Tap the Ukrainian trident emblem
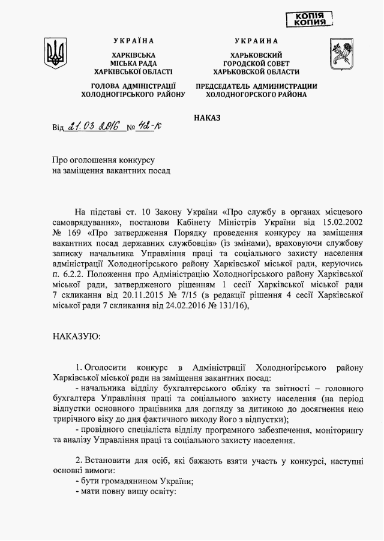point(55,53)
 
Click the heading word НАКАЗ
point(208,118)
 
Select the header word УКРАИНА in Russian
point(257,41)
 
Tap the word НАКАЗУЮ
point(77,336)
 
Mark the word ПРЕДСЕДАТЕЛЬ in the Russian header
point(233,86)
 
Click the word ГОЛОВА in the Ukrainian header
point(100,86)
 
